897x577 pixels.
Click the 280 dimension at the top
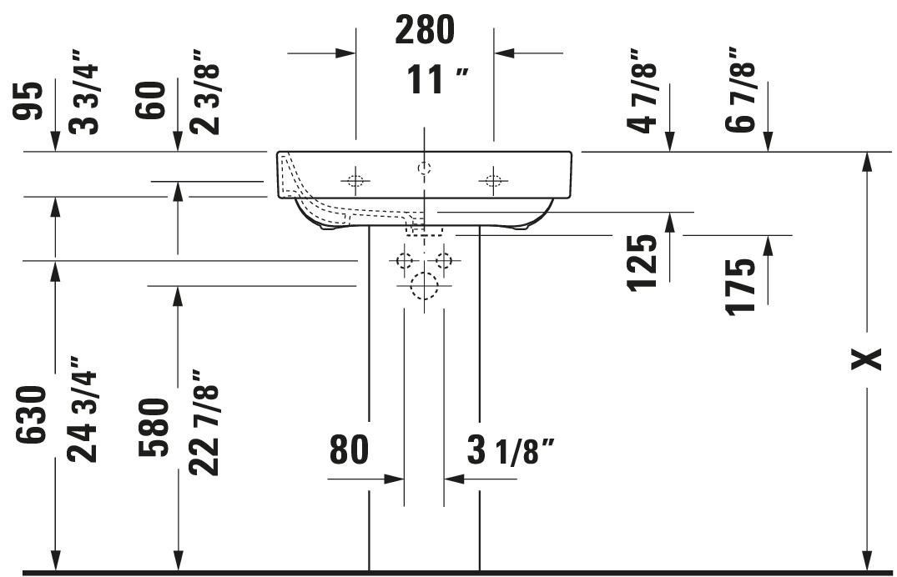coord(425,30)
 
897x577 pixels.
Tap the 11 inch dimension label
coord(437,79)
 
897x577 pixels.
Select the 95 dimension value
coord(28,101)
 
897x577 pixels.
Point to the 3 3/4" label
coord(83,93)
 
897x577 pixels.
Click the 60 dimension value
coord(150,99)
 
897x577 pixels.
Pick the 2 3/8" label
coord(204,93)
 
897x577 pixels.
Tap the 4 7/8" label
coord(642,91)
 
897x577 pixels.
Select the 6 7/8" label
coord(740,90)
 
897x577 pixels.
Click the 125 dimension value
coord(643,263)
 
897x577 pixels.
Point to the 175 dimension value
coord(740,286)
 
